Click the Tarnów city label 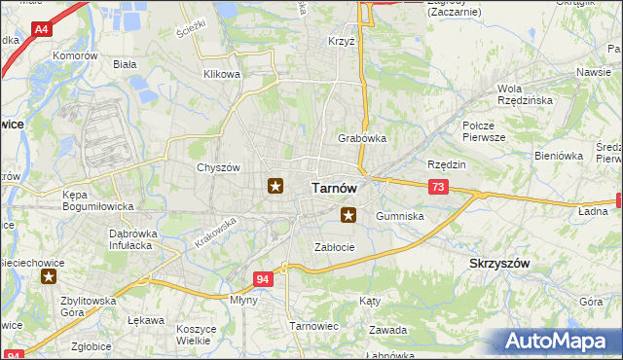(x=334, y=188)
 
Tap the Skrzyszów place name (x=499, y=264)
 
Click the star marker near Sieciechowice (x=49, y=277)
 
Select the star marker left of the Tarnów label (x=275, y=185)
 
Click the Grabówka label (x=362, y=138)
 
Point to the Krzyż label (x=342, y=44)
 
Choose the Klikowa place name (x=221, y=74)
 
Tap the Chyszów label (x=218, y=167)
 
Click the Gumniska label (x=400, y=216)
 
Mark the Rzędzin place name (x=447, y=164)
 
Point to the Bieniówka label (x=558, y=155)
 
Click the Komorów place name (x=76, y=56)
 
